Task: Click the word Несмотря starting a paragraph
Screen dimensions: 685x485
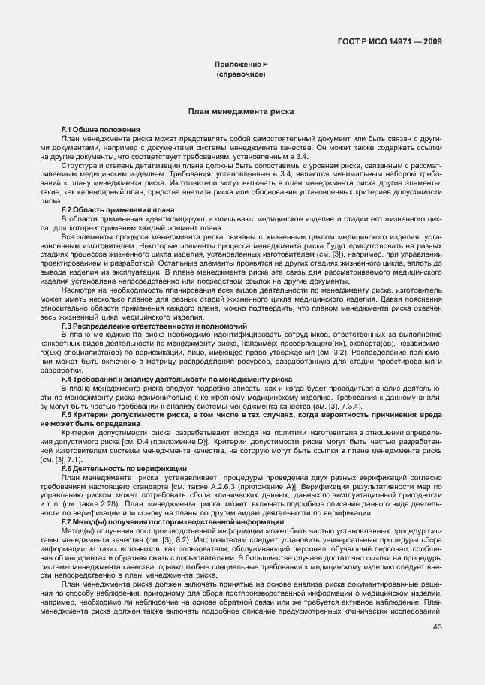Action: pos(79,289)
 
